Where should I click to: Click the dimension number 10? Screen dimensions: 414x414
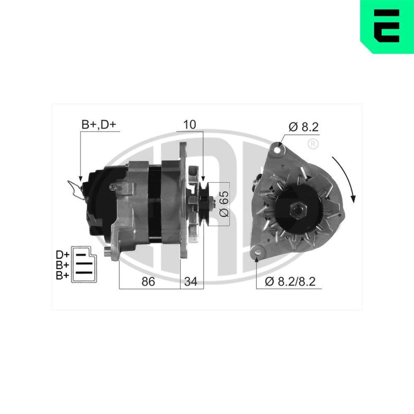[x=190, y=124]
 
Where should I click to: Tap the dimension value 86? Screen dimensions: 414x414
[x=148, y=282]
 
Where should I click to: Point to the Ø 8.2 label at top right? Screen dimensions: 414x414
[x=303, y=128]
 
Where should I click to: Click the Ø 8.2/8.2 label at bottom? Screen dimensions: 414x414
[x=290, y=282]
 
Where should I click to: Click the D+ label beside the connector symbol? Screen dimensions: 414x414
[x=63, y=254]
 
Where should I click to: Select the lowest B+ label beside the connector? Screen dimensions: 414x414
[x=63, y=275]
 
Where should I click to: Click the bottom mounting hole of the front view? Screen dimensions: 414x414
[x=258, y=251]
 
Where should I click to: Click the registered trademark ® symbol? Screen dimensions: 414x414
[x=313, y=144]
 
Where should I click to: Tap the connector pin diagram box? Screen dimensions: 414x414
[x=84, y=265]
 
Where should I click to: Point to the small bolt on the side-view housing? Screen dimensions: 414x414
[x=112, y=188]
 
